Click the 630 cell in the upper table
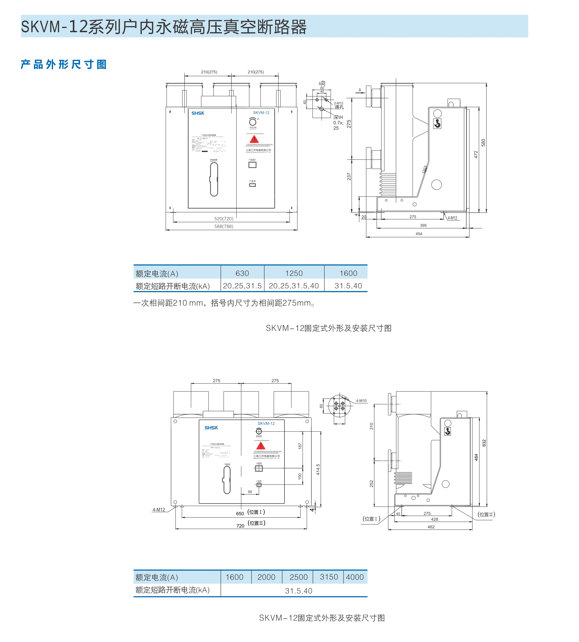(x=242, y=273)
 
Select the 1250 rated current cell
(x=294, y=273)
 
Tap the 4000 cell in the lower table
(x=355, y=577)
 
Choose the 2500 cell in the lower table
(x=298, y=577)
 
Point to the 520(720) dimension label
(x=224, y=219)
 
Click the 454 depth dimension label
(x=419, y=234)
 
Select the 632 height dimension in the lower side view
(x=484, y=443)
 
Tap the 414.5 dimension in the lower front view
(x=318, y=469)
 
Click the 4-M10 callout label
(x=361, y=401)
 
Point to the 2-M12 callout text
(x=339, y=103)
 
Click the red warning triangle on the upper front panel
(x=254, y=139)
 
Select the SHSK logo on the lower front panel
(x=211, y=428)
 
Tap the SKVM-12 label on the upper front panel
(x=261, y=113)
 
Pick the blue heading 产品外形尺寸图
(x=64, y=65)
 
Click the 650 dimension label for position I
(x=240, y=514)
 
